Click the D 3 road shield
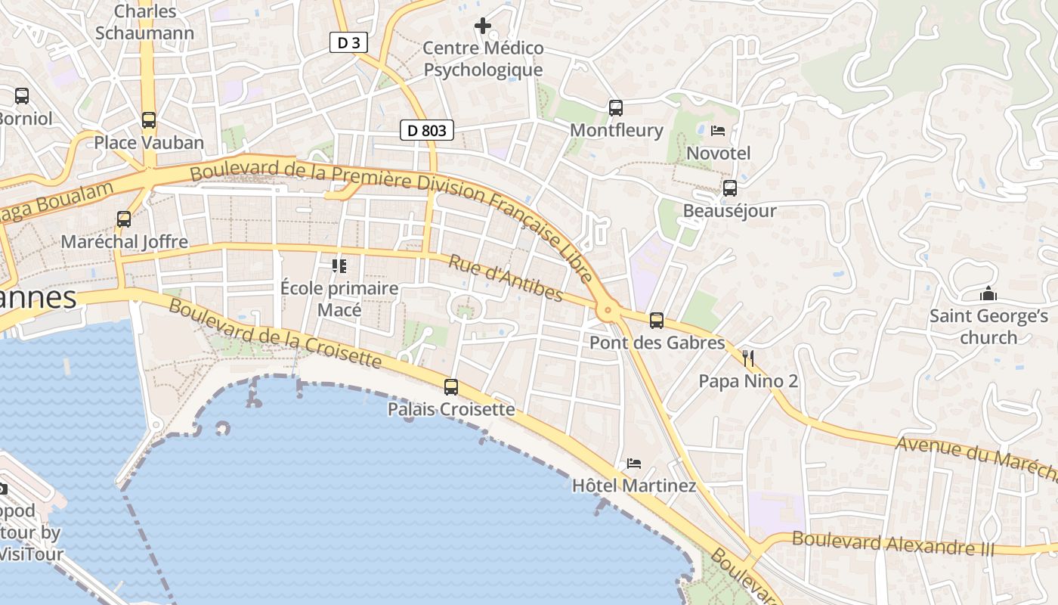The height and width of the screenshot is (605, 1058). (x=348, y=42)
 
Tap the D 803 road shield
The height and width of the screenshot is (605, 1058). (x=426, y=130)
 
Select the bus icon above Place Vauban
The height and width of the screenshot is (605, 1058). (x=149, y=119)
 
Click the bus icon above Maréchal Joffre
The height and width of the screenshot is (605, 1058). (x=124, y=219)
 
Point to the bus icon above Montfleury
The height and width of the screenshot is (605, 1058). (x=616, y=107)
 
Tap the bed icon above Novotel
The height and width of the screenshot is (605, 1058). (x=718, y=131)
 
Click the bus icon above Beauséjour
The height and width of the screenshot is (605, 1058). (x=730, y=188)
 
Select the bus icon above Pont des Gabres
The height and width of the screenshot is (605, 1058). (x=657, y=320)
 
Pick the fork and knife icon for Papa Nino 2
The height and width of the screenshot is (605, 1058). (x=748, y=358)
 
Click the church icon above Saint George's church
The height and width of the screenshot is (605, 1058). (x=988, y=293)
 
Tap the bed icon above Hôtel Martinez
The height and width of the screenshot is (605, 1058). (x=634, y=463)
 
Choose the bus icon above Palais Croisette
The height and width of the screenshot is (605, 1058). (x=451, y=386)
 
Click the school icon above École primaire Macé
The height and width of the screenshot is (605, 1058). (x=339, y=265)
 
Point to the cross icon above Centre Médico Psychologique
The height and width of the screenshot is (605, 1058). (x=482, y=26)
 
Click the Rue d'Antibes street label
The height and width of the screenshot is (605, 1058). (x=506, y=278)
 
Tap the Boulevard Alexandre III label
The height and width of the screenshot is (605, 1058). (x=893, y=544)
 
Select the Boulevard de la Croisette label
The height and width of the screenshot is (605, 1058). (x=274, y=334)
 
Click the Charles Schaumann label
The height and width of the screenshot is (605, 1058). (x=145, y=22)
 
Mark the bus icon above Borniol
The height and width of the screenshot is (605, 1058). (x=22, y=96)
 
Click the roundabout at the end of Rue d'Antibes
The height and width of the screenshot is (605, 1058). (x=606, y=310)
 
